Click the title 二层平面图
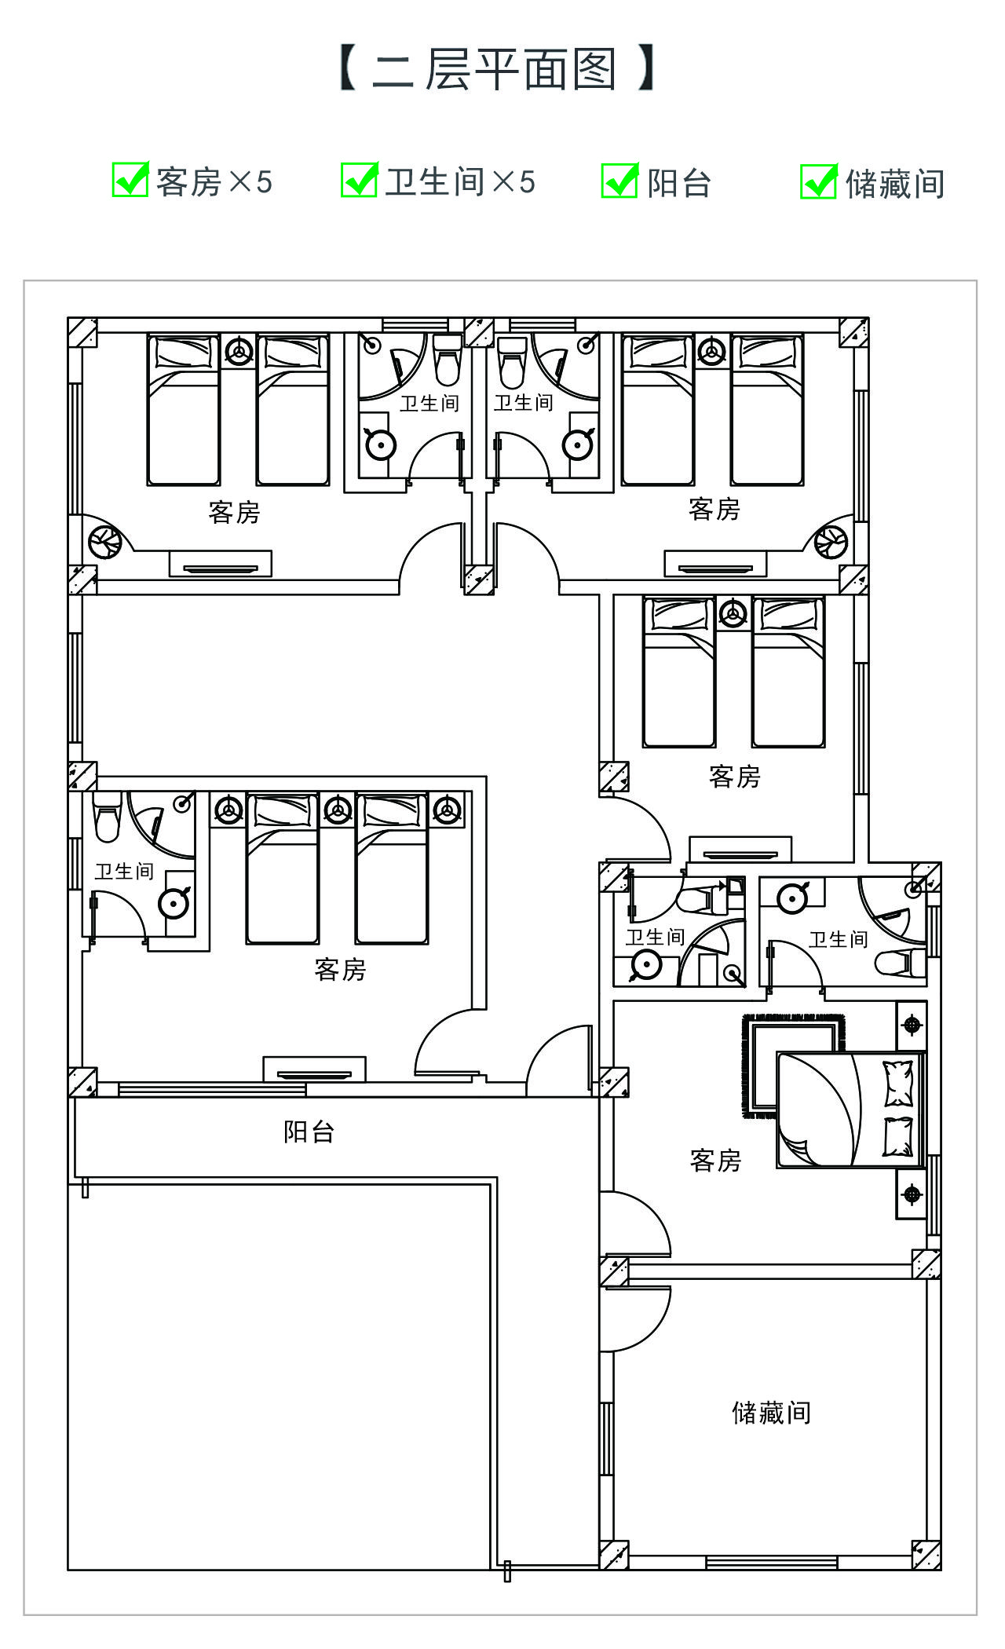point(495,69)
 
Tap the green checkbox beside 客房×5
point(130,180)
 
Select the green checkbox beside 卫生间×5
point(360,180)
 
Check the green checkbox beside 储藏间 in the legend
point(819,181)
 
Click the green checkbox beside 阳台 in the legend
point(619,180)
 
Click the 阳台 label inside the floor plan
point(309,1132)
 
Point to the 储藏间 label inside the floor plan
point(771,1413)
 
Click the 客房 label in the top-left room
point(234,512)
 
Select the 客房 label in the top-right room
point(714,509)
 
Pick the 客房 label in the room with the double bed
point(716,1160)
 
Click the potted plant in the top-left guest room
point(104,540)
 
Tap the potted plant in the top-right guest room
point(831,541)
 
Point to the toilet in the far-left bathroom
point(106,817)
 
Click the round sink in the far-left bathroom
point(174,903)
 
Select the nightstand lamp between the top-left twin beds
point(239,350)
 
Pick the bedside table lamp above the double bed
point(912,1025)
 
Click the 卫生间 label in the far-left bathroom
point(124,871)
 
